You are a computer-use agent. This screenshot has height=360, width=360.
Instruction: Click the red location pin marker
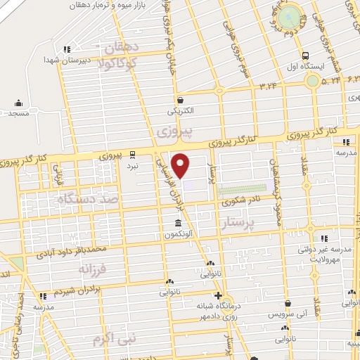tap(181, 165)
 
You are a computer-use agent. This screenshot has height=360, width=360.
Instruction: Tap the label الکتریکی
tap(182, 111)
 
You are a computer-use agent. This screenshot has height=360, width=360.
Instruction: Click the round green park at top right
tap(288, 17)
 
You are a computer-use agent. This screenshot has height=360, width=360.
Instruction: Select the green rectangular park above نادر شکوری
tap(243, 189)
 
